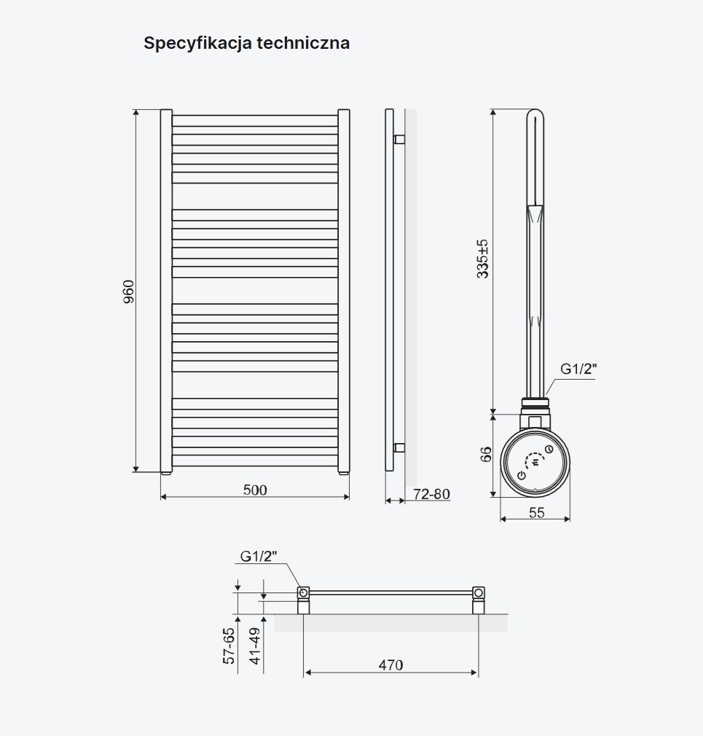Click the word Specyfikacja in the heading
(x=198, y=44)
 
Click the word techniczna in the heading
(x=303, y=43)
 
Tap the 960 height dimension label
(x=128, y=291)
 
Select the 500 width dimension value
(x=255, y=490)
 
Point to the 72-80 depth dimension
(x=432, y=494)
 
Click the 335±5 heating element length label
(x=482, y=259)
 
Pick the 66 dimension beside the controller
(x=486, y=454)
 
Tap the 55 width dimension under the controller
(x=536, y=512)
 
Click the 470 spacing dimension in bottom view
(x=390, y=665)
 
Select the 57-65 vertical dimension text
(x=229, y=646)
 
